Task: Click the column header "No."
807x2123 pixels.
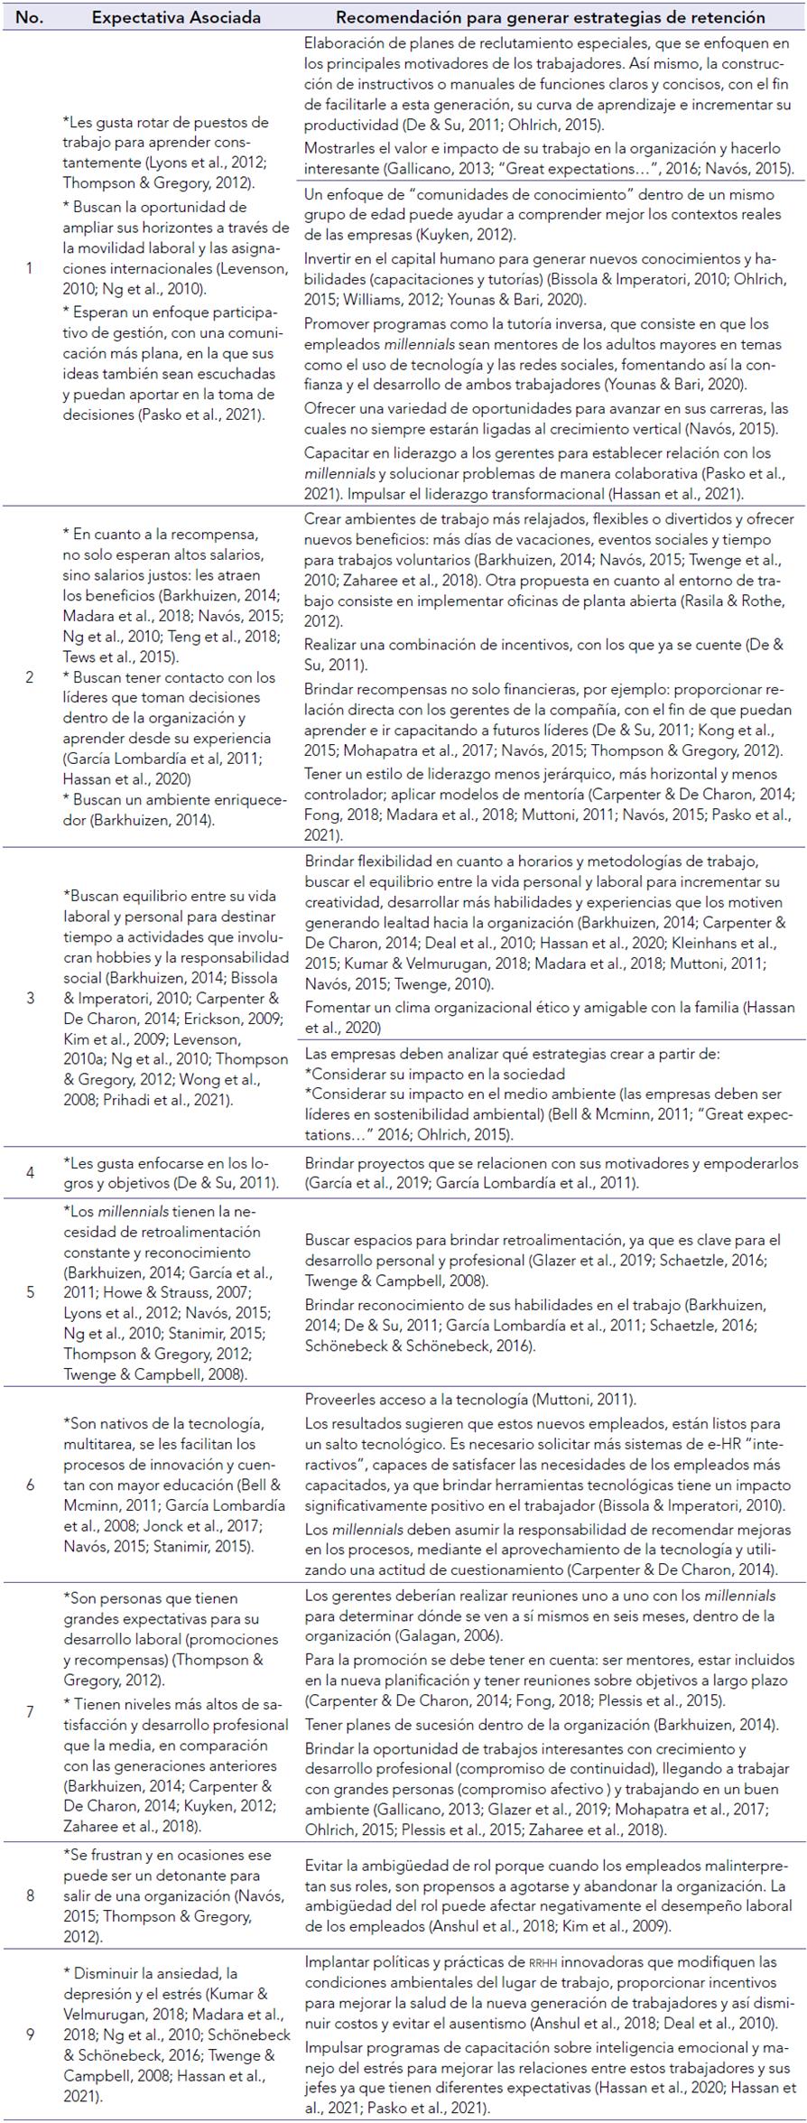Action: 29,17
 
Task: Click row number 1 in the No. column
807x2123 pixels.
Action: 29,268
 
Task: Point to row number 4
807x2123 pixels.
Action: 29,1173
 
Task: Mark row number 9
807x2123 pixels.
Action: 29,2025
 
